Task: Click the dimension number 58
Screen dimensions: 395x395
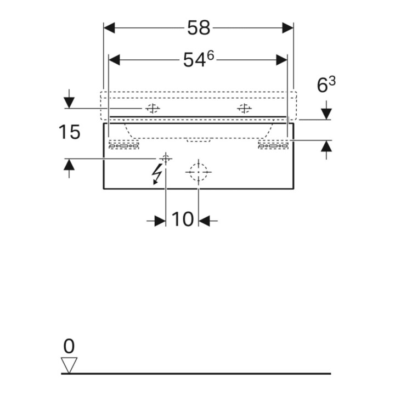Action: click(x=199, y=27)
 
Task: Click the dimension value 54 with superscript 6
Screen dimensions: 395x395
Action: click(x=199, y=59)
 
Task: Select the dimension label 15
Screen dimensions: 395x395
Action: click(x=69, y=132)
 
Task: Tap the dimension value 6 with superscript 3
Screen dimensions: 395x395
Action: click(x=326, y=84)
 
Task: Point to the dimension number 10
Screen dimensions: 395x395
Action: click(x=183, y=219)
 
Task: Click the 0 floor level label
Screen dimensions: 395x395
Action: click(x=69, y=346)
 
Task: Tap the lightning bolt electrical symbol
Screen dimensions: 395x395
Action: click(x=157, y=174)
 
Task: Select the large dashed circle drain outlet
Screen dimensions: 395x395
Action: click(x=199, y=172)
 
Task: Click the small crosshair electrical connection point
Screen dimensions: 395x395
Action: click(x=166, y=159)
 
